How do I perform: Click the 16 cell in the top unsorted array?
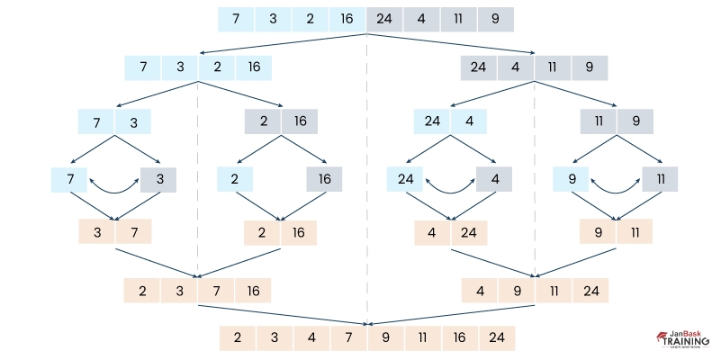347,18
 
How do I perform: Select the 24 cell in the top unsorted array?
385,18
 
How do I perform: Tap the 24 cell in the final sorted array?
496,338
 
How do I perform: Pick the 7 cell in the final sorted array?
348,338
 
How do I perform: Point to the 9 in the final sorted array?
385,338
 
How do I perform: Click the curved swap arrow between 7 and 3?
114,185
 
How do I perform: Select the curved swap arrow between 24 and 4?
449,185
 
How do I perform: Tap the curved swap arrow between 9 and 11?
616,185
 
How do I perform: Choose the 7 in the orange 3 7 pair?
133,232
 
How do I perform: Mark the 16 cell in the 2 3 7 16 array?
253,290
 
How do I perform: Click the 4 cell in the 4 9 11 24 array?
480,290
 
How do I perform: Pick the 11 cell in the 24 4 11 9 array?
553,67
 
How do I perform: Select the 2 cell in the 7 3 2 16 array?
217,67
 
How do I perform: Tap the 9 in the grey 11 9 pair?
635,121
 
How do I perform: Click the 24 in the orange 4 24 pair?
468,232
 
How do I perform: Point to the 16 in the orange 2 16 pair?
299,232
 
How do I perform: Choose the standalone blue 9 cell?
572,180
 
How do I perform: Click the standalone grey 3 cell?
158,180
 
